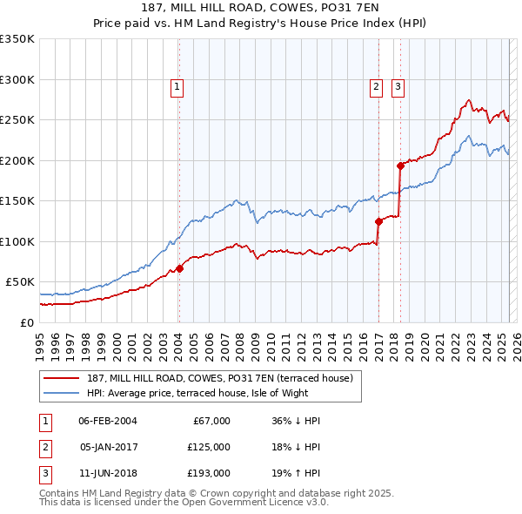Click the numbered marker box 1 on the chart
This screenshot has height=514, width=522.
177,86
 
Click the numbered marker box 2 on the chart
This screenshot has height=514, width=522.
376,86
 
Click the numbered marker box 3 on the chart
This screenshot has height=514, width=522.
398,86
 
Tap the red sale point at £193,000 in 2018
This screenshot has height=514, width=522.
400,166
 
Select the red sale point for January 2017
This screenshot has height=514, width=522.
378,221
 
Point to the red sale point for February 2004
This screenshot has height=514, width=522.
179,268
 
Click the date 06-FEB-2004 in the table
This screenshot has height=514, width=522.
107,421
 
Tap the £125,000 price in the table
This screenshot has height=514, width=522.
209,447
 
